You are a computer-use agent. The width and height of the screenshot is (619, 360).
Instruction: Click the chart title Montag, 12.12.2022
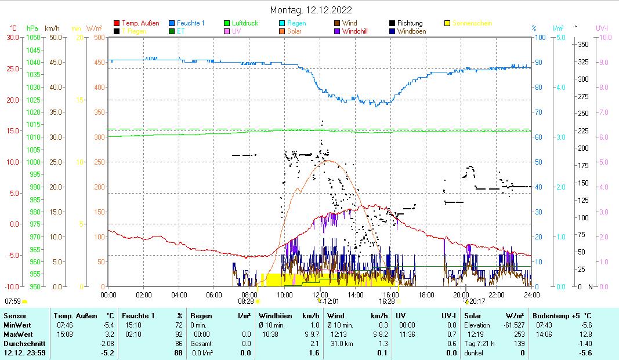(x=311, y=10)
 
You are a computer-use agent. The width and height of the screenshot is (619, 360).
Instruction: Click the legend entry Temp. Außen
(x=140, y=23)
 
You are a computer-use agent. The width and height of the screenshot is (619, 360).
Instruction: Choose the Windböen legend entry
(x=410, y=31)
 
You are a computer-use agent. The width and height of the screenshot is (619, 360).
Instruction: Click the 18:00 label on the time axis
(x=425, y=294)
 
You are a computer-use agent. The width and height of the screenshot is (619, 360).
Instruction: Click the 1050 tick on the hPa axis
(x=34, y=37)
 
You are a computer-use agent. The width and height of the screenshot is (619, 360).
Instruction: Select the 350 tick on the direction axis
(x=583, y=44)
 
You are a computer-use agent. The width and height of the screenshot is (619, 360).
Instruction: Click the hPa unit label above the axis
(x=32, y=28)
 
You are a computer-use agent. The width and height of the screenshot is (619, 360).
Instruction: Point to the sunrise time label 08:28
(x=246, y=301)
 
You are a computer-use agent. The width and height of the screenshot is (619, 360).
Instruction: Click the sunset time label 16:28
(x=386, y=301)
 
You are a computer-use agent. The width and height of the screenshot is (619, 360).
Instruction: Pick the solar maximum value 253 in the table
(x=520, y=334)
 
